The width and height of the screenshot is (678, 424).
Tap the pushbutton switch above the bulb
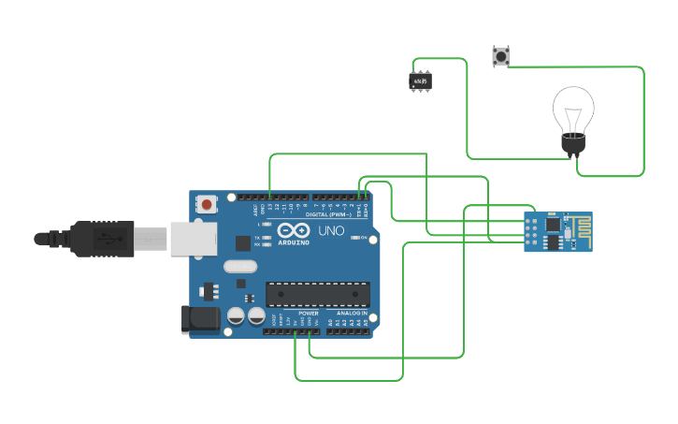click(x=500, y=56)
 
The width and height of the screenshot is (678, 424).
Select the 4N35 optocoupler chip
click(x=420, y=81)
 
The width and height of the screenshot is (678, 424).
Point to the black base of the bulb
click(x=572, y=143)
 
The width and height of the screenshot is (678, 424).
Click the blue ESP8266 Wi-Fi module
click(x=557, y=231)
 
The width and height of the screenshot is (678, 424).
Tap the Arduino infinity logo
click(x=293, y=230)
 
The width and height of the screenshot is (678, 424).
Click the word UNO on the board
click(x=332, y=230)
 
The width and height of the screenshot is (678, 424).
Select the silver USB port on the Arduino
click(x=194, y=239)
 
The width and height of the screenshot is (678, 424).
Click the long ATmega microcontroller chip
click(x=317, y=294)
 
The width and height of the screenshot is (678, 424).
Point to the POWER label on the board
click(x=309, y=313)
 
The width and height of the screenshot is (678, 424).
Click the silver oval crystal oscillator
click(x=240, y=266)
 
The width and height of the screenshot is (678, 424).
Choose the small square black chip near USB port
click(x=243, y=243)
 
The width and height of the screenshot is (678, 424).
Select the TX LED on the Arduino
click(x=268, y=238)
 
